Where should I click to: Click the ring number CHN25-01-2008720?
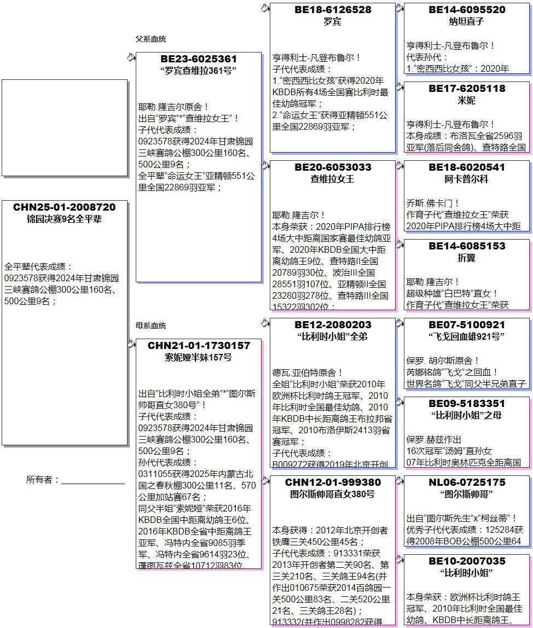click(65, 207)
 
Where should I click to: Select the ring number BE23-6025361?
click(199, 59)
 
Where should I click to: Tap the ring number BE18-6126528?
click(333, 10)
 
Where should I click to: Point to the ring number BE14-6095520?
click(467, 10)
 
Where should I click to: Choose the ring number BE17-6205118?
click(467, 89)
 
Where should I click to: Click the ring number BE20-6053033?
click(333, 167)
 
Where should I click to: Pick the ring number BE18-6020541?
click(467, 167)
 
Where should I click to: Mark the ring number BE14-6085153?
click(467, 246)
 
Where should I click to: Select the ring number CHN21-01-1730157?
click(199, 346)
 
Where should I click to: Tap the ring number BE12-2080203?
click(333, 325)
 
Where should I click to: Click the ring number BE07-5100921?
click(467, 325)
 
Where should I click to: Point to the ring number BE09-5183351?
click(467, 404)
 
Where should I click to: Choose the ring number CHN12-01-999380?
click(333, 482)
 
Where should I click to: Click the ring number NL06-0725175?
click(467, 482)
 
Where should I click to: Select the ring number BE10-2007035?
click(467, 561)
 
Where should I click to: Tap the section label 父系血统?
click(150, 39)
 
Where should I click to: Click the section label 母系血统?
click(150, 325)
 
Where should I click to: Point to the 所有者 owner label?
click(43, 480)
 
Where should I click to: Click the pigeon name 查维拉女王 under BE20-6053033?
click(333, 179)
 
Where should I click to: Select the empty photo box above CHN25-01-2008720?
click(65, 127)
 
